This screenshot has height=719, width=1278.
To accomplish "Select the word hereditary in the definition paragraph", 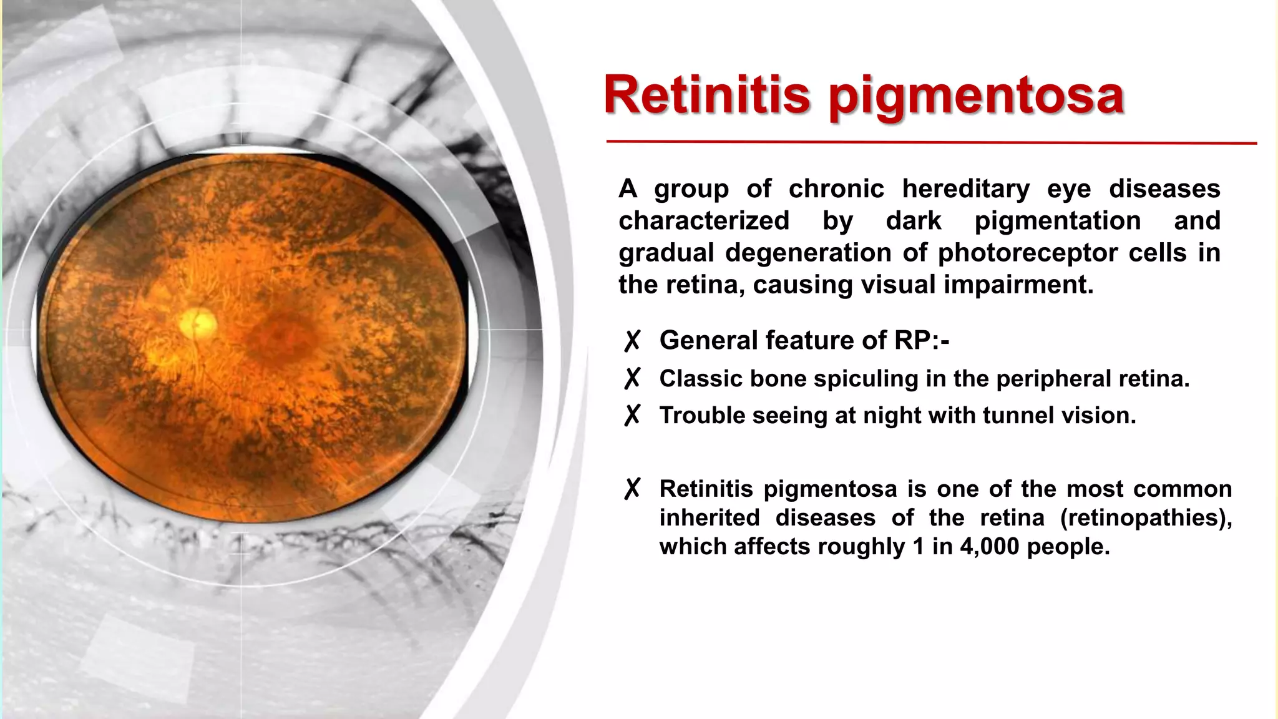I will pyautogui.click(x=965, y=189).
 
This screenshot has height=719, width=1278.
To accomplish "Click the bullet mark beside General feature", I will pyautogui.click(x=632, y=341).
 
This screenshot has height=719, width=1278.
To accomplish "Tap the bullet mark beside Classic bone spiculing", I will pyautogui.click(x=632, y=378).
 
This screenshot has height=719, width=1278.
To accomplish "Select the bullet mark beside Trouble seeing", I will pyautogui.click(x=632, y=415).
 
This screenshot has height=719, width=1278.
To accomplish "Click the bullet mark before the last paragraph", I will pyautogui.click(x=632, y=489).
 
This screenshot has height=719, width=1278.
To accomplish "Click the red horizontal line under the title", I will pyautogui.click(x=930, y=142).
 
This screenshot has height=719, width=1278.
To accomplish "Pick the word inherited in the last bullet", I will pyautogui.click(x=709, y=518).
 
